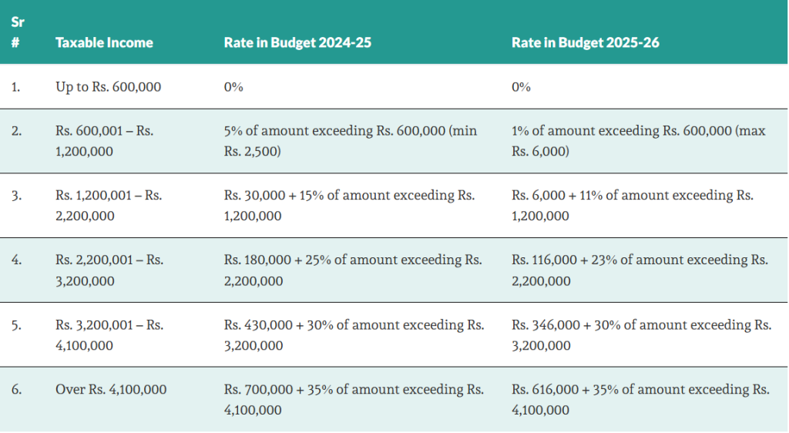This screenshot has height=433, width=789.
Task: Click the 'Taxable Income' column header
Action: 104,42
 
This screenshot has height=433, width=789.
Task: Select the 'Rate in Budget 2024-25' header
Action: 297,42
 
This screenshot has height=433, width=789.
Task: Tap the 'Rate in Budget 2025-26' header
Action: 585,42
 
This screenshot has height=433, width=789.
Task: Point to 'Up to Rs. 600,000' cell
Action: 108,87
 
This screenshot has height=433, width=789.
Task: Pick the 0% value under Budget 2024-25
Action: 233,87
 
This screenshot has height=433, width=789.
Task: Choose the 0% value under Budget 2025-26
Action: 521,87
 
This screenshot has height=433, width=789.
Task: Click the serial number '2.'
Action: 16,131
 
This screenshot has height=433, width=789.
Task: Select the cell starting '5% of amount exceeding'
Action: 351,141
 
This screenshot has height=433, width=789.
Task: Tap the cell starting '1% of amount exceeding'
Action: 638,141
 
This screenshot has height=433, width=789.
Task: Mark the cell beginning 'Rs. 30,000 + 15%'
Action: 349,206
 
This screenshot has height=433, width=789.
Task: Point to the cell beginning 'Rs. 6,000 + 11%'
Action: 632,206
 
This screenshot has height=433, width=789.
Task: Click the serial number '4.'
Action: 16,260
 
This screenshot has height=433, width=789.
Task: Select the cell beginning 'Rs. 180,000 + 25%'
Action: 352,270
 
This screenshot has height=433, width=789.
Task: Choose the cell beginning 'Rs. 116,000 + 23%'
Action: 640,270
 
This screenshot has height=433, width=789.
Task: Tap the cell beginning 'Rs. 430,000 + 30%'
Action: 354,335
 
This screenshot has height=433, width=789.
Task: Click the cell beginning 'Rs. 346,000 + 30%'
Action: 641,335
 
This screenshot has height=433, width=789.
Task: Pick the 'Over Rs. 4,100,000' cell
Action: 111,390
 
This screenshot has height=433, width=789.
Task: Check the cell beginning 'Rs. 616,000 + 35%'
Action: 640,400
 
